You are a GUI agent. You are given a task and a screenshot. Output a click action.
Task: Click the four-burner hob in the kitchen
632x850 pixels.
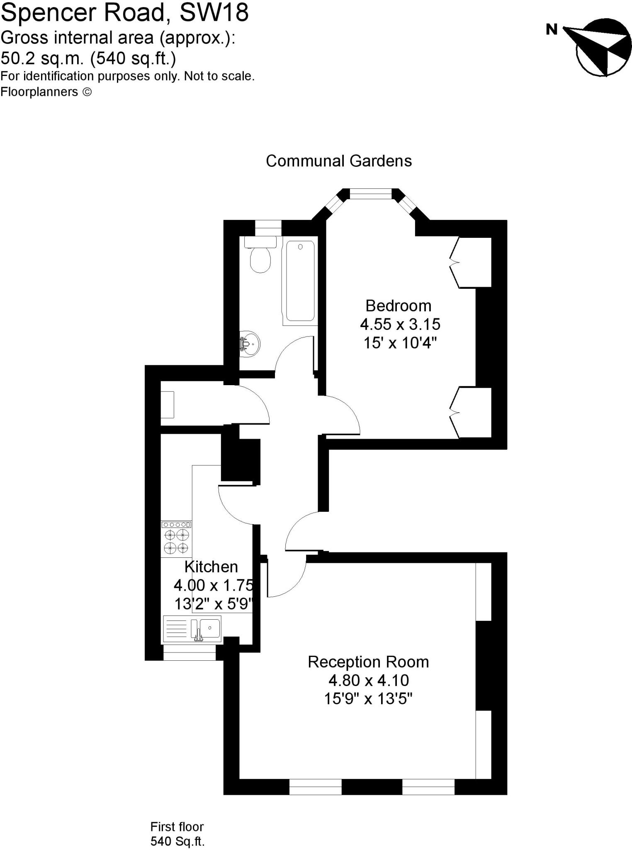pos(176,538)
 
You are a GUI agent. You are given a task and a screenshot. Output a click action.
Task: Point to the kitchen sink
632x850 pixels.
pos(209,628)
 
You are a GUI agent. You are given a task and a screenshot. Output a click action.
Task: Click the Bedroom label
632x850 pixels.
pos(398,306)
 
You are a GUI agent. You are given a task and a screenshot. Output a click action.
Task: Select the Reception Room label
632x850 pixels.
pos(368,662)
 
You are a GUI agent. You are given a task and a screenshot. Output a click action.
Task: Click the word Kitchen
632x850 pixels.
pos(211,567)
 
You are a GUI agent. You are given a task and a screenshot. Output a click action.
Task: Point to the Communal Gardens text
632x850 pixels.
pos(339,161)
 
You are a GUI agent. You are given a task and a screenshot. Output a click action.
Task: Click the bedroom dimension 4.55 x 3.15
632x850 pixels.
pos(400,324)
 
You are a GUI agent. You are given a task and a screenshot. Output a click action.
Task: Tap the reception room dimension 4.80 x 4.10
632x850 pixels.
pos(369,680)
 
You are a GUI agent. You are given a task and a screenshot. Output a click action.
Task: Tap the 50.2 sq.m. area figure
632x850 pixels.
pos(41,58)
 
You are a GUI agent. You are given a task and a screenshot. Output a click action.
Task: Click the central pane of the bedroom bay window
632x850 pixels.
pos(370,194)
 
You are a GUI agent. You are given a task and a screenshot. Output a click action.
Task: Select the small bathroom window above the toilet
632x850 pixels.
pos(268,228)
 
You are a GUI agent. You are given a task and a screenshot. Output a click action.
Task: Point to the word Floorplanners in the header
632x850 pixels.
pos(39,92)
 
